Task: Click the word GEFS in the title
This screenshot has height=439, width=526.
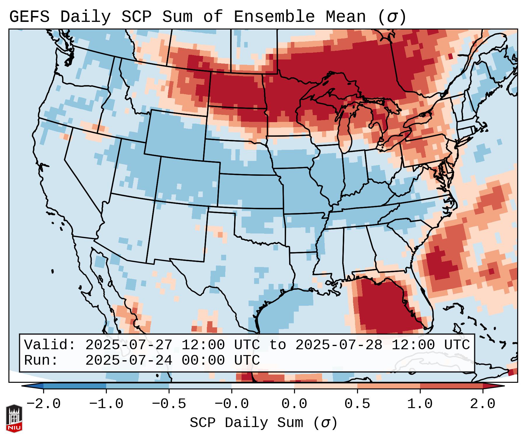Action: pyautogui.click(x=29, y=17)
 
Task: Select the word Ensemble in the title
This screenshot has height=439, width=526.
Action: pyautogui.click(x=274, y=17)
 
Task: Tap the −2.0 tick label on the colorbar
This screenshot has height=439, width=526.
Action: pyautogui.click(x=43, y=404)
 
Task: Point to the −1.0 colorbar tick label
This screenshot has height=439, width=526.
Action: pyautogui.click(x=106, y=404)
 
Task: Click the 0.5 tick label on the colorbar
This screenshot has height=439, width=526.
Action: pyautogui.click(x=357, y=404)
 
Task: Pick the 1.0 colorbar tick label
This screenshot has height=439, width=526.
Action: pyautogui.click(x=420, y=404)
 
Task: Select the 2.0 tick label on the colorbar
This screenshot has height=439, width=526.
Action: pyautogui.click(x=483, y=404)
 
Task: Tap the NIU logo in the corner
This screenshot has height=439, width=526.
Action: pyautogui.click(x=14, y=418)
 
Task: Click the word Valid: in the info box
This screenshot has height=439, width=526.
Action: pyautogui.click(x=50, y=345)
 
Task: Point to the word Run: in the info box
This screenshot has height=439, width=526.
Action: pyautogui.click(x=41, y=360)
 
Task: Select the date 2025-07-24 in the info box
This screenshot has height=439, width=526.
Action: pyautogui.click(x=129, y=360)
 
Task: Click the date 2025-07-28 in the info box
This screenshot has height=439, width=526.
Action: pyautogui.click(x=339, y=345)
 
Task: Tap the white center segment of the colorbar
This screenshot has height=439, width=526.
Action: pyautogui.click(x=263, y=386)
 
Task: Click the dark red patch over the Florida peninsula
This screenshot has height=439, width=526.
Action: pyautogui.click(x=385, y=309)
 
